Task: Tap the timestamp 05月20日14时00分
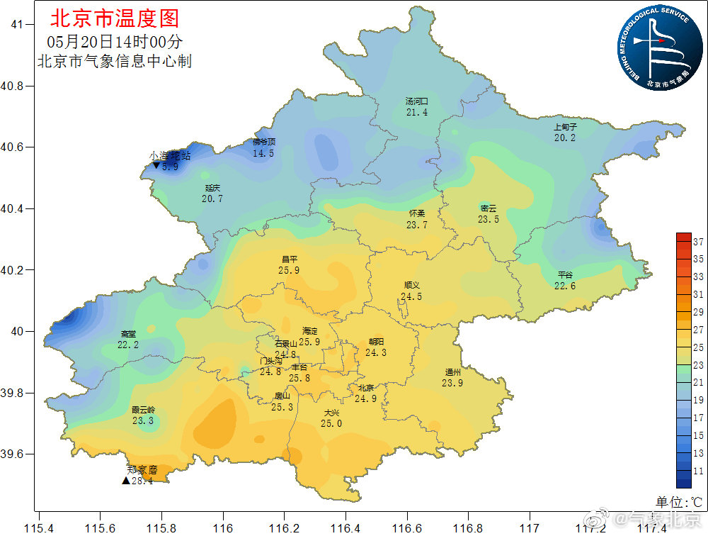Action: (x=115, y=42)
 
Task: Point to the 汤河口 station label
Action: (x=417, y=101)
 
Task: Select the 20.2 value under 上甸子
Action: (x=564, y=138)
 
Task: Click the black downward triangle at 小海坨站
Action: (x=156, y=166)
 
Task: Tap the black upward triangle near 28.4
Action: (x=125, y=481)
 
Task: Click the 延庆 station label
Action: (x=212, y=188)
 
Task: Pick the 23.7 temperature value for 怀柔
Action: (x=417, y=225)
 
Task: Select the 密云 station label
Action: (x=489, y=208)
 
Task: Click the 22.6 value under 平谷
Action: (x=564, y=286)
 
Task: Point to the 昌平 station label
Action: (x=289, y=259)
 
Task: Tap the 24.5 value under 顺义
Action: (x=411, y=296)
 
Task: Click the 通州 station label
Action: (x=453, y=372)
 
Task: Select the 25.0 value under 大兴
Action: (x=331, y=423)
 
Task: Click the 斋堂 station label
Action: (x=128, y=333)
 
